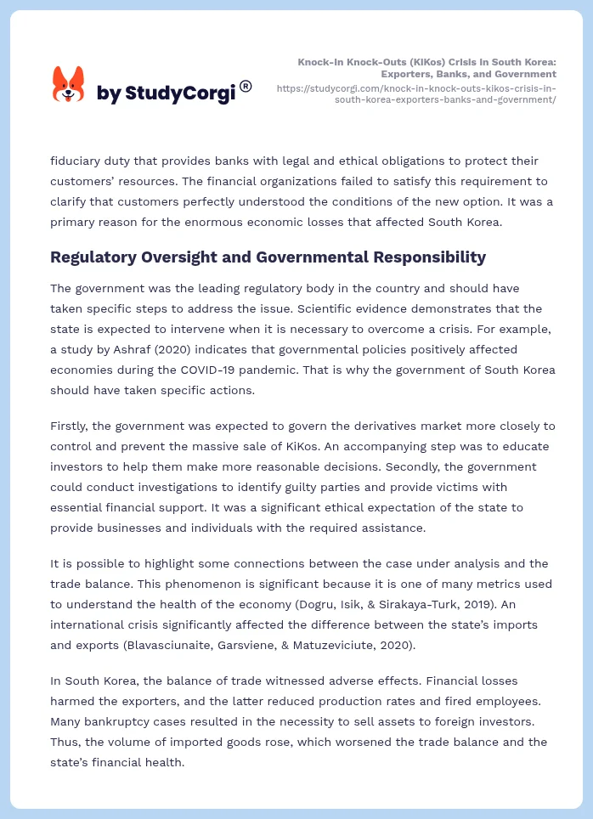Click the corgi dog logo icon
[x=68, y=85]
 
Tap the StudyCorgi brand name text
[x=166, y=93]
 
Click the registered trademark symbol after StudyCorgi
[x=246, y=86]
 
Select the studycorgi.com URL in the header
[x=416, y=93]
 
